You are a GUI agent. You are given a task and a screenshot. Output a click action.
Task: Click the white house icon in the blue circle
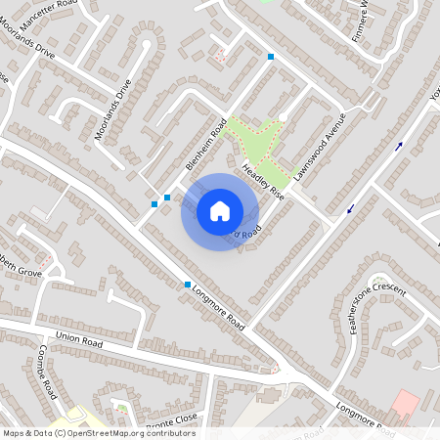220,211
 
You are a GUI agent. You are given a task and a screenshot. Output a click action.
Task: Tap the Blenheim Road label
206,146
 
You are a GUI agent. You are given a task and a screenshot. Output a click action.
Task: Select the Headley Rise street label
262,180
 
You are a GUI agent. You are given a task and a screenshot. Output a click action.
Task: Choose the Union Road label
79,338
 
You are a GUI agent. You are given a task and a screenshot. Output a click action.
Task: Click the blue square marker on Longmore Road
188,285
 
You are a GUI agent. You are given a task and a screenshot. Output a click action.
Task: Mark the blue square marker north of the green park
271,57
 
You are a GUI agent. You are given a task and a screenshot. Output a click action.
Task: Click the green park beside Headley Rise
256,140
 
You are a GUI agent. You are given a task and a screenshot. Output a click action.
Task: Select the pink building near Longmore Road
405,403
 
